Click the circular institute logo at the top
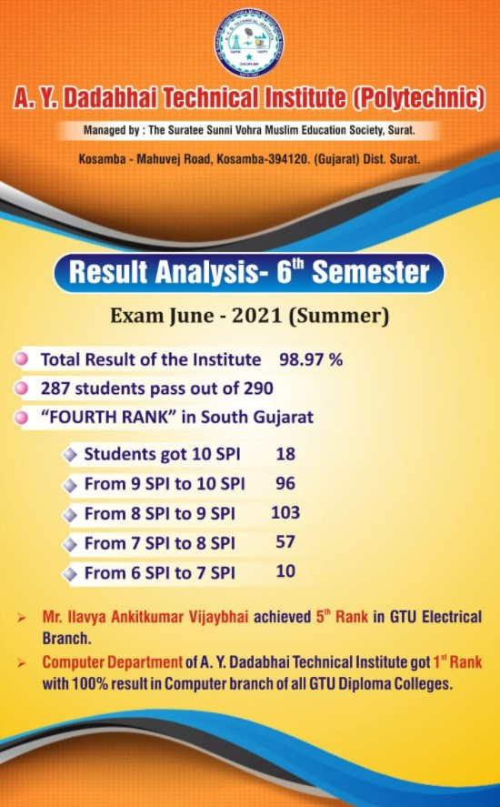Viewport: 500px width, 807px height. (249, 43)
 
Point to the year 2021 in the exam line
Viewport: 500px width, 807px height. (256, 315)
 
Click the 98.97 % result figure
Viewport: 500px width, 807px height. (311, 359)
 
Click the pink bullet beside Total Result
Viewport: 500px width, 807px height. (22, 359)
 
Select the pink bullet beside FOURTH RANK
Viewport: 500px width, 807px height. (22, 418)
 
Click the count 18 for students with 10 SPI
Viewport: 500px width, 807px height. (285, 454)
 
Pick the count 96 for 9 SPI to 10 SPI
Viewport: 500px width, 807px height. (285, 483)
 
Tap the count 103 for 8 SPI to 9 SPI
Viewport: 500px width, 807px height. (285, 512)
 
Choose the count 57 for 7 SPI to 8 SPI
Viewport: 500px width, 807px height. (285, 542)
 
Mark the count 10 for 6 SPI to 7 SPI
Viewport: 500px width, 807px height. (285, 571)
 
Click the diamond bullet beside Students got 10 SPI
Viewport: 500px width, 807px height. (69, 456)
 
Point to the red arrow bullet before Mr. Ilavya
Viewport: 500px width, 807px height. (21, 618)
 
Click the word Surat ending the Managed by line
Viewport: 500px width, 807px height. (401, 130)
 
